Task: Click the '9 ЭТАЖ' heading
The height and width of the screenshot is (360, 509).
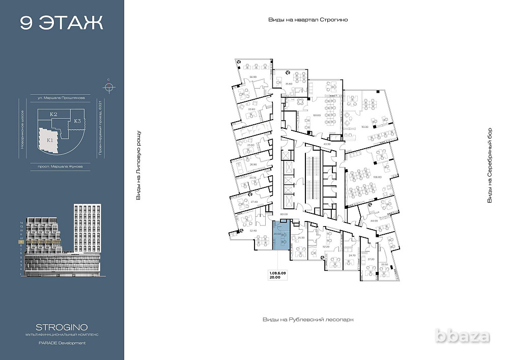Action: (x=62, y=23)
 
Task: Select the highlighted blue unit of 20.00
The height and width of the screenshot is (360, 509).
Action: (x=280, y=235)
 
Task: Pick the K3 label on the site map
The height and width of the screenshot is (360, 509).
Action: (x=77, y=121)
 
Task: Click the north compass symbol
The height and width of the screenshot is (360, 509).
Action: (x=108, y=86)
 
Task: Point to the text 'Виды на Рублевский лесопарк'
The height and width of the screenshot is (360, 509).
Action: (x=307, y=319)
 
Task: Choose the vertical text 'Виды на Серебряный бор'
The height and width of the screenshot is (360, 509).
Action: (x=489, y=165)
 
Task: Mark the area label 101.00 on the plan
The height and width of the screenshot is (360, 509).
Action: (x=317, y=115)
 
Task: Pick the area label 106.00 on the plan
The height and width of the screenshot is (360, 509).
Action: (x=377, y=177)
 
